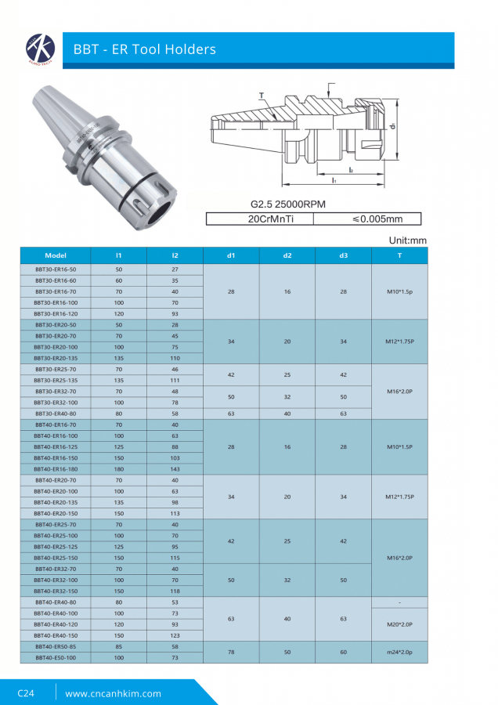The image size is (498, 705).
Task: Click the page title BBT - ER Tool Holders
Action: (144, 50)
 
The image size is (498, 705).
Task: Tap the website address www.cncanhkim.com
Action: (113, 693)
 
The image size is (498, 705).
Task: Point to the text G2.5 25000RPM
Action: (287, 204)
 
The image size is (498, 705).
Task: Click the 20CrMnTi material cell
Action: (259, 219)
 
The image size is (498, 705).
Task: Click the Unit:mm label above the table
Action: (407, 240)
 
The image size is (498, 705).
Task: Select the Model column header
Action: (56, 256)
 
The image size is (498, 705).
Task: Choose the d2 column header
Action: (287, 256)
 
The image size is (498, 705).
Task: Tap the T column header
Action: (399, 256)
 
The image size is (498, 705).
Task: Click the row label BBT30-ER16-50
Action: (56, 269)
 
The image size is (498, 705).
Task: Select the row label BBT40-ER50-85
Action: (56, 647)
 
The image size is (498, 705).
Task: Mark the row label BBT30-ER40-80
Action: (56, 413)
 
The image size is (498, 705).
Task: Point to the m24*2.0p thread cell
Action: (399, 652)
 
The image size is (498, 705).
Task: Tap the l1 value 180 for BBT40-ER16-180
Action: (119, 468)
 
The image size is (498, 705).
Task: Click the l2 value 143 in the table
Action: (175, 468)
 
